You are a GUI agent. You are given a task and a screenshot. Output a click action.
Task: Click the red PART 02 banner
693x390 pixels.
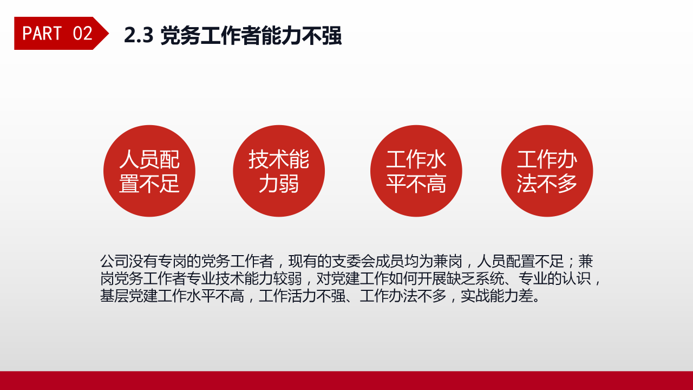(x=57, y=34)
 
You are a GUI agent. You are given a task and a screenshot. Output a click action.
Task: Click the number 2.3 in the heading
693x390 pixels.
(x=139, y=35)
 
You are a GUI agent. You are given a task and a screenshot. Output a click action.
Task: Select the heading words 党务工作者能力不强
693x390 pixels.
(x=251, y=35)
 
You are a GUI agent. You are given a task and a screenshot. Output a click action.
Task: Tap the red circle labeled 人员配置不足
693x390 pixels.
(x=149, y=171)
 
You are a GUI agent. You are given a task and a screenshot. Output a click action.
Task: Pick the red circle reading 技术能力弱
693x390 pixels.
(x=279, y=171)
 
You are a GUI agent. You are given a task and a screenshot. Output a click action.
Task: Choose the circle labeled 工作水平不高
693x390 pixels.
(x=416, y=171)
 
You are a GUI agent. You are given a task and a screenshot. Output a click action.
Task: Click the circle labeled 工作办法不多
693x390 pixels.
(x=547, y=171)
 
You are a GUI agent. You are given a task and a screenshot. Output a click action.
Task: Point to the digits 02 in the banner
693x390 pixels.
(x=82, y=34)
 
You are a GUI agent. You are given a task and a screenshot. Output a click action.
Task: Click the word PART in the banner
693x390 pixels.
(x=42, y=34)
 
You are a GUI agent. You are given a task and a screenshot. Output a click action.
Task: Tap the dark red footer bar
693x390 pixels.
(x=346, y=380)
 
